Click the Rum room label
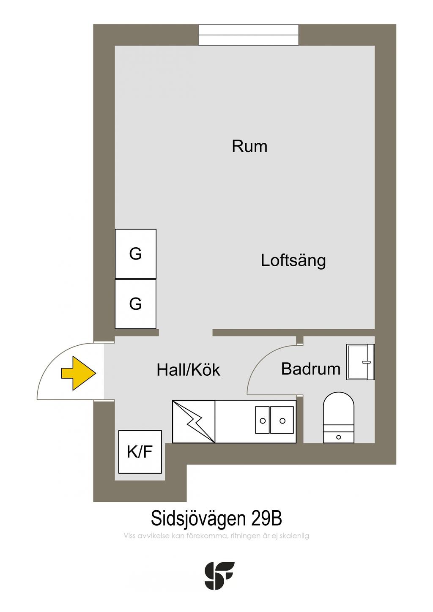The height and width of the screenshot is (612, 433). click(x=249, y=146)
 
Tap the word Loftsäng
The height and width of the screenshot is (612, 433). click(x=293, y=261)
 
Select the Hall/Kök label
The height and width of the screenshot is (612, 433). click(x=188, y=370)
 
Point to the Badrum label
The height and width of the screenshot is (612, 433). click(x=310, y=369)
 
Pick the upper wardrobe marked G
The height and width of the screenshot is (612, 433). click(x=136, y=254)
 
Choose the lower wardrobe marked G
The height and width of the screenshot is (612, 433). click(x=136, y=303)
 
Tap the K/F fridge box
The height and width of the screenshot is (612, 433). click(x=140, y=452)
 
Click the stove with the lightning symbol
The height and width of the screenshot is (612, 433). click(x=194, y=421)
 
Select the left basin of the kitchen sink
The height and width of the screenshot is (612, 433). click(x=263, y=420)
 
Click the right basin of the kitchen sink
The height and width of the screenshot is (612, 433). click(x=282, y=420)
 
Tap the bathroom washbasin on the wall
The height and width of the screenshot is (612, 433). click(x=360, y=362)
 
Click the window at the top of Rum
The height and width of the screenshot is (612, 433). click(x=248, y=35)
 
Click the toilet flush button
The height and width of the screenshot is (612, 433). click(x=338, y=437)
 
